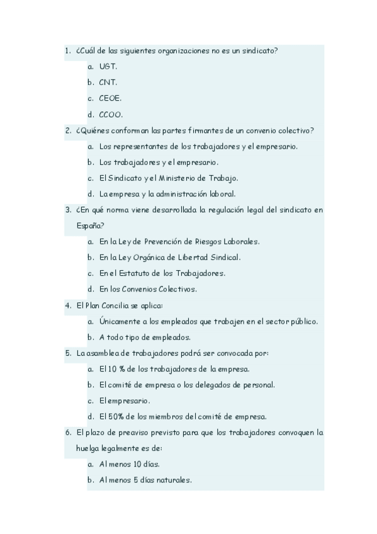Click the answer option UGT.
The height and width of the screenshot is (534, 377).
coord(108,66)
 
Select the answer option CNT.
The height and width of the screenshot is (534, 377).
coord(108,82)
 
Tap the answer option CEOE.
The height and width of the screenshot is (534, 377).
coord(110,98)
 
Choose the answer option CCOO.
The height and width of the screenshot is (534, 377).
coord(111,115)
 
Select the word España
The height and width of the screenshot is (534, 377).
coord(91,225)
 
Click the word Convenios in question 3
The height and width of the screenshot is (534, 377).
coord(142,289)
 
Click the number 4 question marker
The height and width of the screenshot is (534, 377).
coord(67,305)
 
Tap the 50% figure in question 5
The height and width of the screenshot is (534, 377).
coord(114,416)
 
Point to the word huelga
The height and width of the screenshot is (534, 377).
coord(91,448)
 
